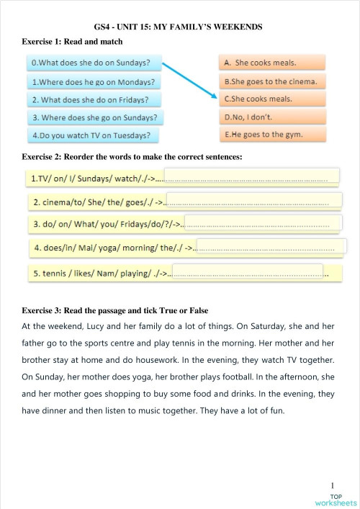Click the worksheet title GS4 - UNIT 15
[x=178, y=27]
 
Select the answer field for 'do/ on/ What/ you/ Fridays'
[x=262, y=224]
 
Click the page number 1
[x=333, y=486]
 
